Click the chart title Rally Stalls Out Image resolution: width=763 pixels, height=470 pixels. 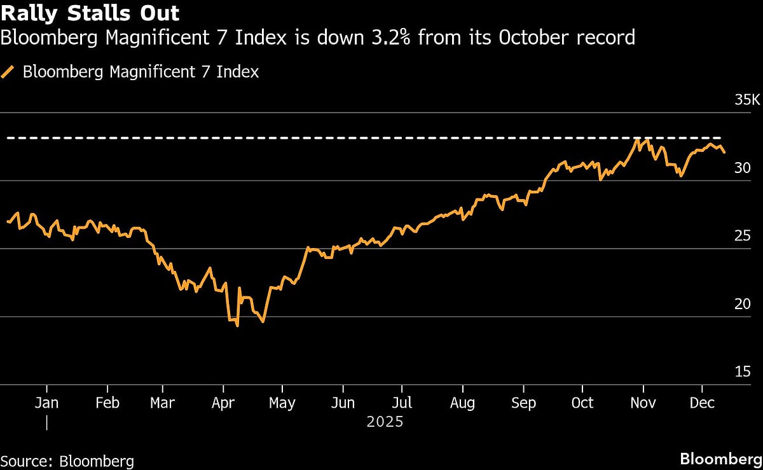point(90,13)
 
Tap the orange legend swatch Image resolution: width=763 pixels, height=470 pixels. point(8,72)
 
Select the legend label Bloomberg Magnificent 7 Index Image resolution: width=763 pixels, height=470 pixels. point(141,72)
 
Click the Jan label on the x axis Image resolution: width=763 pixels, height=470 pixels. point(47,403)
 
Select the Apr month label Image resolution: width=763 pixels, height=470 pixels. point(223,403)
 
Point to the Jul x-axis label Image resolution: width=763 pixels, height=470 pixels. point(402,403)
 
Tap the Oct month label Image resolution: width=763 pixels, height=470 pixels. point(582,403)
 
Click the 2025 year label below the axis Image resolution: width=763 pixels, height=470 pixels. point(385,422)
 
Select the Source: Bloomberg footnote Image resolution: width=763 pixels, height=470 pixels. point(67,460)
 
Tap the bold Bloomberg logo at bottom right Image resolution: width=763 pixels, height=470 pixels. point(721,459)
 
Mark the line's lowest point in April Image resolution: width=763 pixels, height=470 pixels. point(237,326)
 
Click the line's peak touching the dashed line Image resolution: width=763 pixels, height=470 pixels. point(636,139)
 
